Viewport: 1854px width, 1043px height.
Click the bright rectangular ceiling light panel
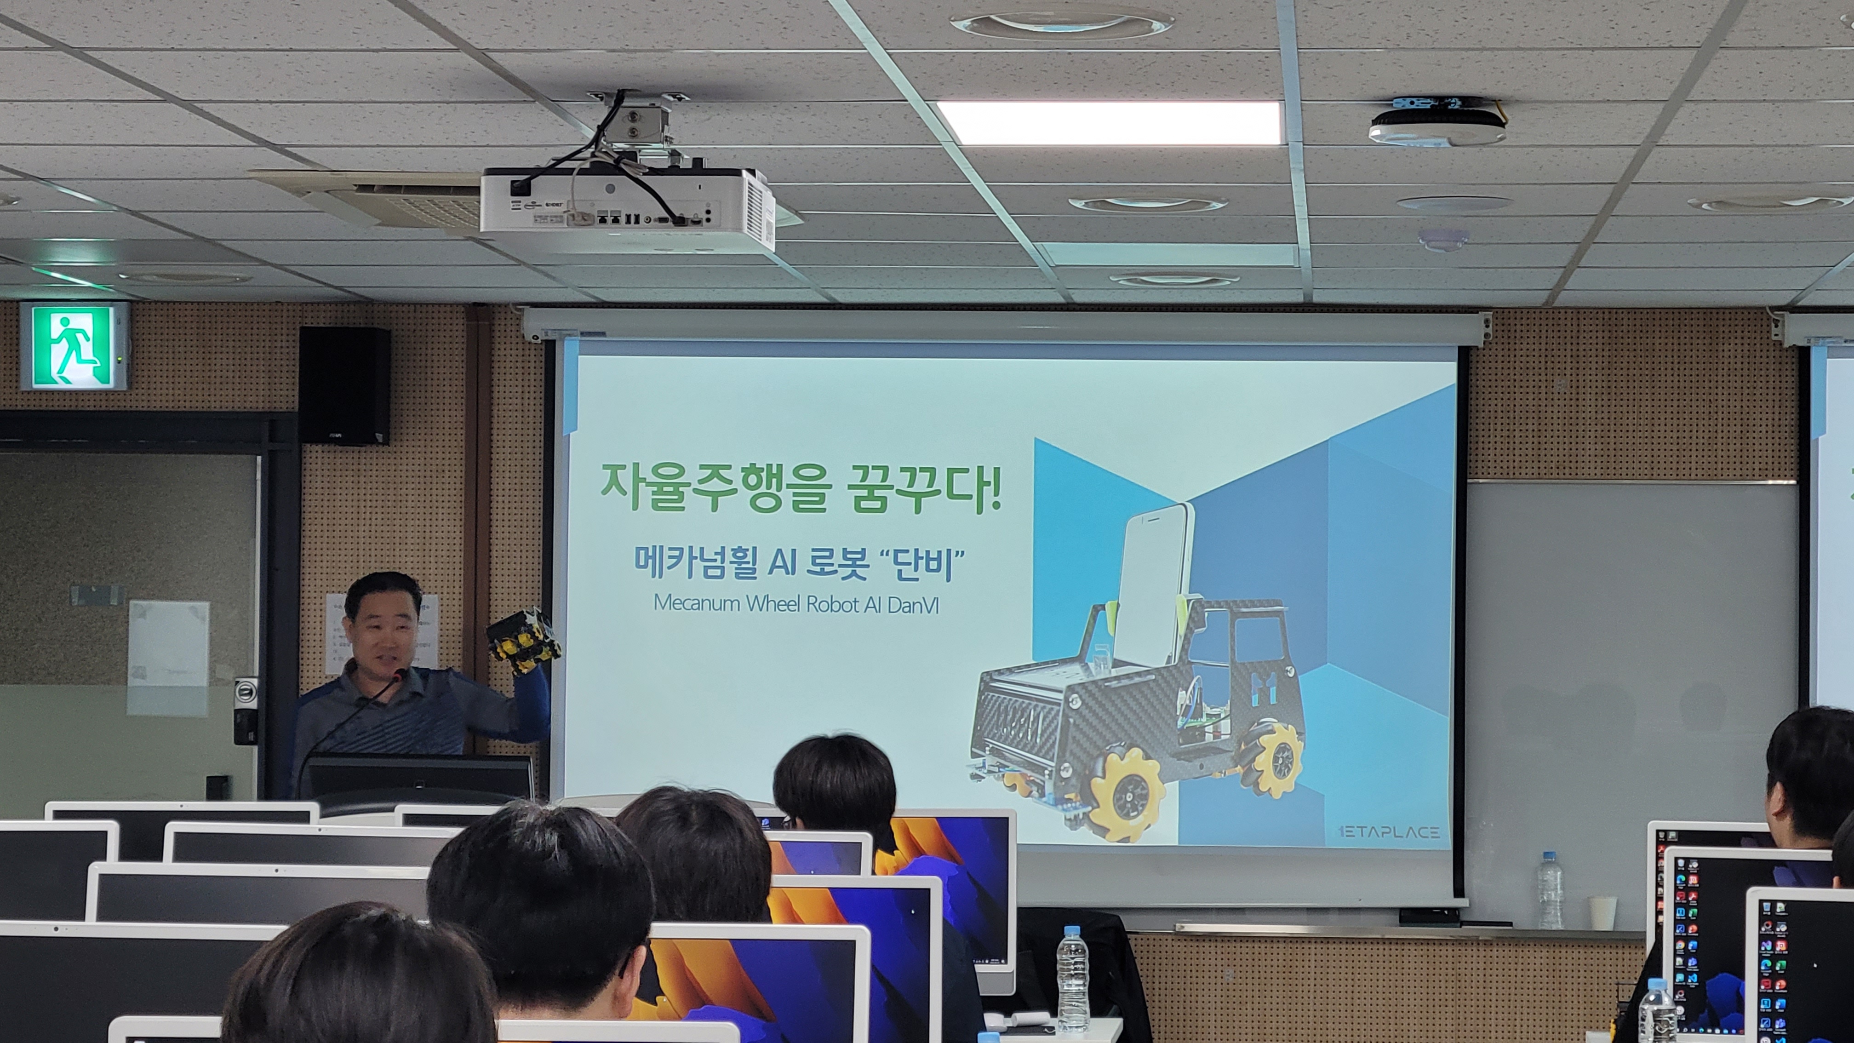coord(1110,122)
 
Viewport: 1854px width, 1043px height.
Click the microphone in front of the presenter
coord(398,675)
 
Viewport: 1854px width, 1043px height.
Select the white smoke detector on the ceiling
coord(1437,125)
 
